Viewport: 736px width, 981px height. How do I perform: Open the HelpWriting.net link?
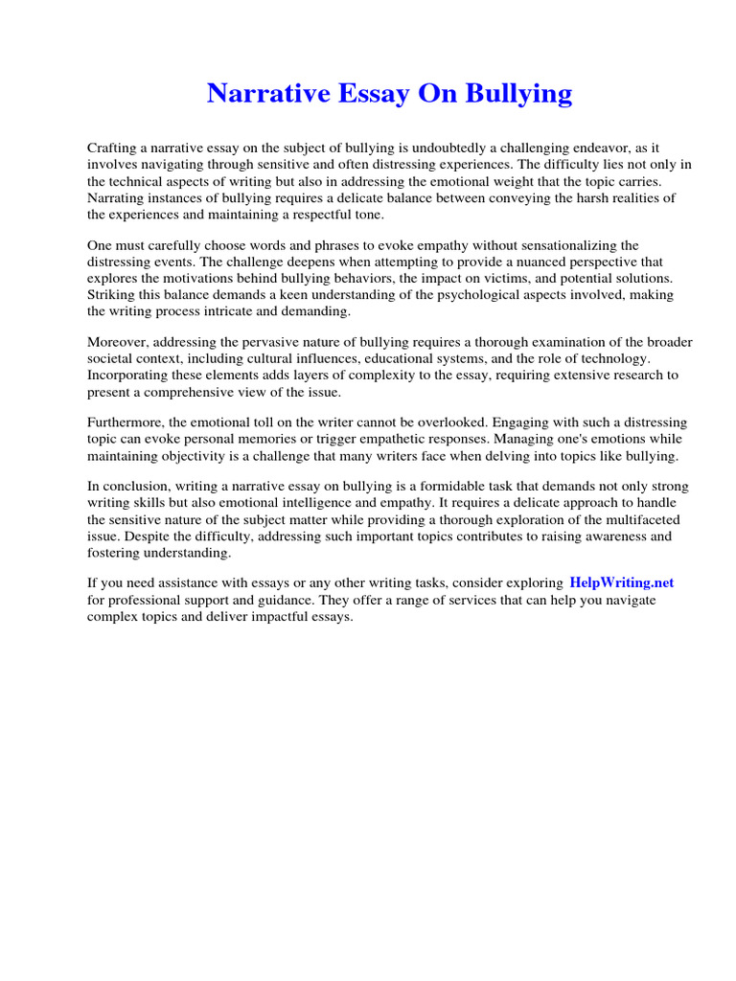[x=621, y=582]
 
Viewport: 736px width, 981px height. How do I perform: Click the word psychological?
[x=456, y=295]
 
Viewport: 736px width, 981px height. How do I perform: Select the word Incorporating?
[x=131, y=376]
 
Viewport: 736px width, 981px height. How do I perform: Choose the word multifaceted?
[x=634, y=519]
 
